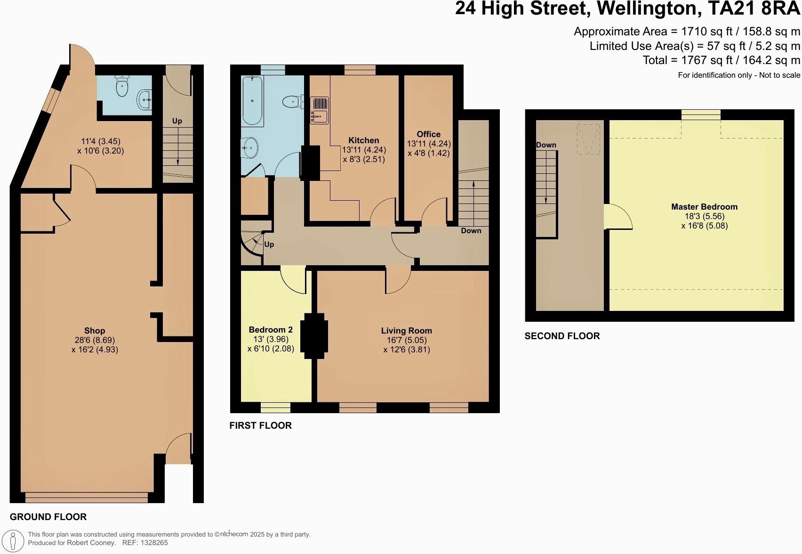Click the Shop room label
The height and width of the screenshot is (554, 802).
tap(94, 331)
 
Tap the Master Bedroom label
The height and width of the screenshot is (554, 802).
tap(704, 206)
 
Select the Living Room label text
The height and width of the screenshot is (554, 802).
tap(406, 331)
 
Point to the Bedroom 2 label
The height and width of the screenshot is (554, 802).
tap(267, 329)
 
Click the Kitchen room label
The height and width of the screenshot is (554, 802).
tap(363, 140)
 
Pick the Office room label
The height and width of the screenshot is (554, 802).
tap(428, 134)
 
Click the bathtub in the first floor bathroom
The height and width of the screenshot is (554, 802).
tap(252, 101)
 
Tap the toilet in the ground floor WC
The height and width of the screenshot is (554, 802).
tap(122, 87)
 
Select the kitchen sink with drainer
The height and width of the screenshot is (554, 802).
tap(320, 110)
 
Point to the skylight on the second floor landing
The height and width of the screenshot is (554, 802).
tap(588, 139)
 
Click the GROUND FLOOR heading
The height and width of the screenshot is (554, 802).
tap(48, 517)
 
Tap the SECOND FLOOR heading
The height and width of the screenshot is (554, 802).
tap(562, 336)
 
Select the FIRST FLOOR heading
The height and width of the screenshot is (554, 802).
tap(260, 425)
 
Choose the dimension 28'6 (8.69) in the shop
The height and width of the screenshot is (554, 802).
tap(94, 340)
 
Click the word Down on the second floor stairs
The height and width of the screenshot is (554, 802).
tap(546, 145)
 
